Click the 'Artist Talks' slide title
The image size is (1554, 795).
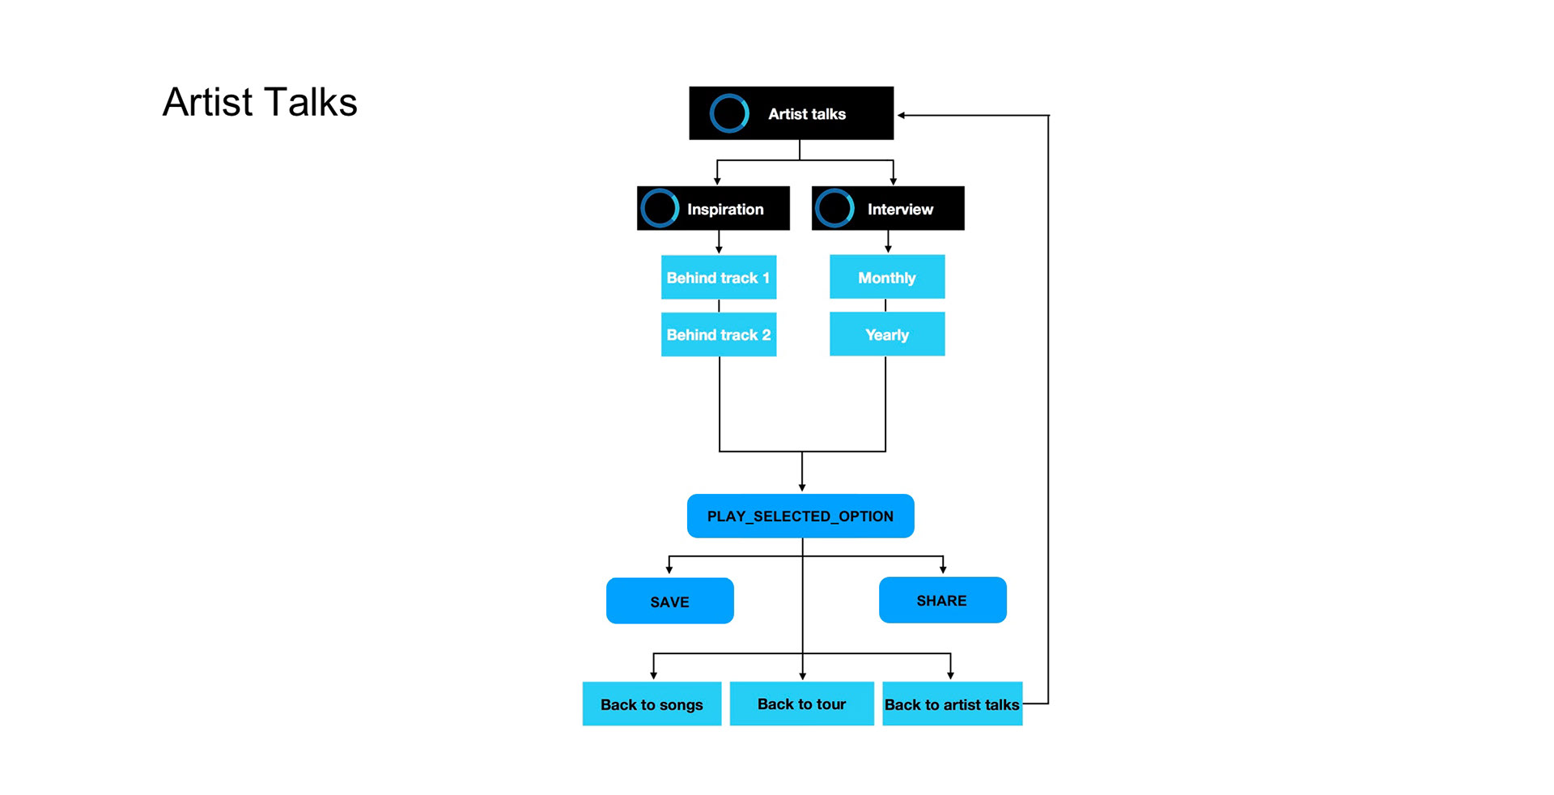click(260, 102)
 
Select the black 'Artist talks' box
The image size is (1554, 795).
click(791, 113)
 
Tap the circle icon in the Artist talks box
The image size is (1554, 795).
click(729, 113)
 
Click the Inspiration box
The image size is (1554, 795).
click(713, 209)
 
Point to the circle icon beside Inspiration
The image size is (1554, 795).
click(660, 209)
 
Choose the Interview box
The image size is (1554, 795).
click(888, 209)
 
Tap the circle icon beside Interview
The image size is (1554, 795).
click(834, 209)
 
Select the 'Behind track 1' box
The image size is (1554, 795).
click(719, 278)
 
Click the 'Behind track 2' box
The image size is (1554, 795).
click(719, 334)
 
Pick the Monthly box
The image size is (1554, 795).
click(887, 277)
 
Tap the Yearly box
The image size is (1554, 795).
click(887, 334)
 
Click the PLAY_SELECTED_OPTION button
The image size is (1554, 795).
click(800, 516)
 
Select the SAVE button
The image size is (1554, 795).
click(670, 601)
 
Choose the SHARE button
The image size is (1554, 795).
click(943, 600)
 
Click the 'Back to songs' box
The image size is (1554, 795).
click(652, 704)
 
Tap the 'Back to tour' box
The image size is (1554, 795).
click(802, 704)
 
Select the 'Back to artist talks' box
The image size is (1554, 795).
click(952, 704)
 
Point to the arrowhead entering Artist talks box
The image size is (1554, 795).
click(901, 115)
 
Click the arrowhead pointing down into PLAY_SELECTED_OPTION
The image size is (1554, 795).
click(802, 487)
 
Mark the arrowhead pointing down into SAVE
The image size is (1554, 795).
click(669, 570)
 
